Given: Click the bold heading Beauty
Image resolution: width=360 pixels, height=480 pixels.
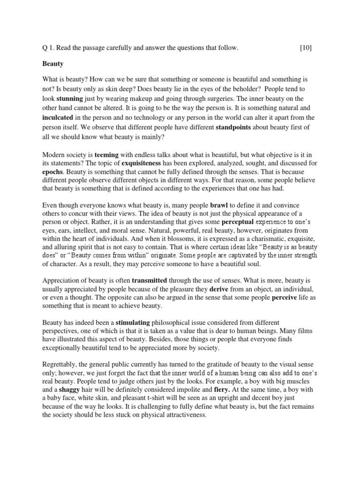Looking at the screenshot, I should [x=53, y=63].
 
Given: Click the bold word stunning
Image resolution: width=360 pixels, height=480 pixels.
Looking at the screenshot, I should [x=70, y=99].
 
